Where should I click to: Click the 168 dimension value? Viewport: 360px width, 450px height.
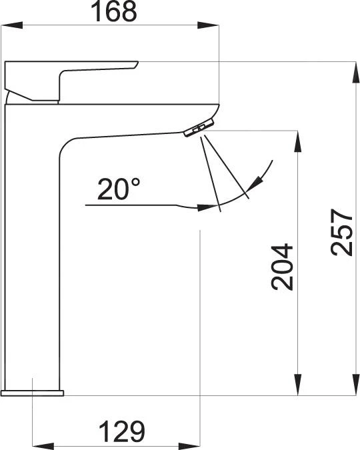click(114, 11)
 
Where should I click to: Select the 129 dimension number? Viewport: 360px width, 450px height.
click(122, 431)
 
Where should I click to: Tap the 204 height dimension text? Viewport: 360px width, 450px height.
click(282, 267)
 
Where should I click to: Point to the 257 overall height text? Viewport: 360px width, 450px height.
click(341, 232)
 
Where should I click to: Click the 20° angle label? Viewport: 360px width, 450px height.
click(119, 189)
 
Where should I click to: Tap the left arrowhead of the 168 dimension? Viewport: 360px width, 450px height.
click(12, 25)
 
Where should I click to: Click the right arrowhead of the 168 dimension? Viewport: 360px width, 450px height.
click(208, 25)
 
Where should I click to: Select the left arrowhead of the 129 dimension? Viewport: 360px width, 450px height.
click(43, 447)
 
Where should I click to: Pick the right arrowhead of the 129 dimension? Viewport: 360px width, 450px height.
click(189, 447)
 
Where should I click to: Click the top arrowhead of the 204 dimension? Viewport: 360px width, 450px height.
click(298, 141)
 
